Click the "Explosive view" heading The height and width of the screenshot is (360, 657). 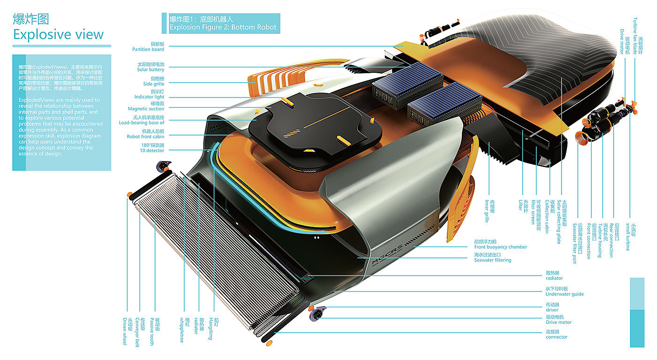(58, 34)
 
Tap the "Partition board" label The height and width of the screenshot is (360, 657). (148, 49)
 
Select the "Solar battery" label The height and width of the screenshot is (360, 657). (151, 69)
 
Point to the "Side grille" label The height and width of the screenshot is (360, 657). (153, 84)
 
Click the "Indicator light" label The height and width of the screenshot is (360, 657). (149, 97)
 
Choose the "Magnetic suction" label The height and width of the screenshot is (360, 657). (146, 109)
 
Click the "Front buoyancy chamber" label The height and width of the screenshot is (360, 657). (500, 247)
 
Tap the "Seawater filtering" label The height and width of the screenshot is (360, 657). (492, 260)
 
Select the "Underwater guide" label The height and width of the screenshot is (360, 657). (565, 294)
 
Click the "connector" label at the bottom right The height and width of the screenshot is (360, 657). (557, 337)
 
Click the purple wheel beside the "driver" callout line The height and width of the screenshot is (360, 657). (320, 311)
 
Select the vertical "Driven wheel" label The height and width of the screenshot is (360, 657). (125, 331)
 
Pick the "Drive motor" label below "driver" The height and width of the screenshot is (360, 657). (558, 322)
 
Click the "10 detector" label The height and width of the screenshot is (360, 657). (152, 151)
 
